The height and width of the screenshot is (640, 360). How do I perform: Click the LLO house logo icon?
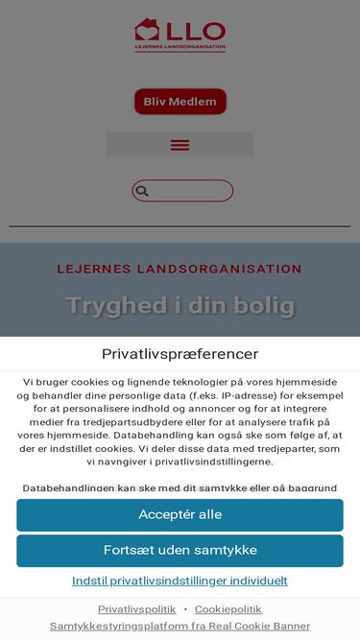146,31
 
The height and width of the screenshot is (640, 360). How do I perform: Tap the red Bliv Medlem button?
180,102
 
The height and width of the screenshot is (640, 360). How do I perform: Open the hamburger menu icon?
180,145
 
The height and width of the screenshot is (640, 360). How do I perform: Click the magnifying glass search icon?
142,191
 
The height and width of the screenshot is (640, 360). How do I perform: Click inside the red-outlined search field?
190,191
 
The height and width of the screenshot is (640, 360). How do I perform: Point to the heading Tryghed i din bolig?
180,306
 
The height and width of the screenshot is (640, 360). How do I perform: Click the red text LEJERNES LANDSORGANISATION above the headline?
180,270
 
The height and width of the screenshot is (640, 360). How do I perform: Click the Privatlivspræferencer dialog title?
180,354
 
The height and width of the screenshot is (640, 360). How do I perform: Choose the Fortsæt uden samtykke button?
180,551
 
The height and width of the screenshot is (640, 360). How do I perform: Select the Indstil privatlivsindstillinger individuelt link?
180,581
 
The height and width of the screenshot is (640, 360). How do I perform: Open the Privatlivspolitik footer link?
136,609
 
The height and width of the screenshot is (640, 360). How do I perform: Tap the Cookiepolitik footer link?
228,609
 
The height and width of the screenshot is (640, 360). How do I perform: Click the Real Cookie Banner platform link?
180,626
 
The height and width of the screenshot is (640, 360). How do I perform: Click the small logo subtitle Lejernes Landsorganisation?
180,47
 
